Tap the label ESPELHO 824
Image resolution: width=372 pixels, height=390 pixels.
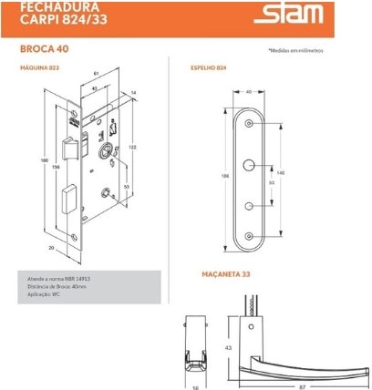[209, 67]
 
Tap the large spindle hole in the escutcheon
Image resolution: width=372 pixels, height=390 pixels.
[249, 165]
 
